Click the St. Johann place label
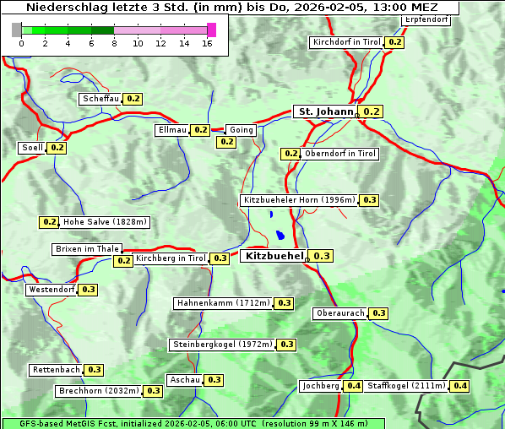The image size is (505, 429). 325,111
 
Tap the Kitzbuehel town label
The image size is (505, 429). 273,255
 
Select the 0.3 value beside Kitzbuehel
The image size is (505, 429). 322,256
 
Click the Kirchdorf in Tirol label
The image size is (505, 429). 347,41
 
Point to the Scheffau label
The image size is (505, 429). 100,99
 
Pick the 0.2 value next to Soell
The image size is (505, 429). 57,147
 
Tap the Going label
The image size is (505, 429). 241,130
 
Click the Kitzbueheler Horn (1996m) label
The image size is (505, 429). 298,200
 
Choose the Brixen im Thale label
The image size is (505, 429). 87,249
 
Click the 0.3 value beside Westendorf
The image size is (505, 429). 89,290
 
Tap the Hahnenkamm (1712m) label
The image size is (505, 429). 223,303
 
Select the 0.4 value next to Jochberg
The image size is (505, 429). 353,386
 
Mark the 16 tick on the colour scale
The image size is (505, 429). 207,43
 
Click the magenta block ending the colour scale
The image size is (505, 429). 211,30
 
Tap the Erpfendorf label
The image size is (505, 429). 426,19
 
